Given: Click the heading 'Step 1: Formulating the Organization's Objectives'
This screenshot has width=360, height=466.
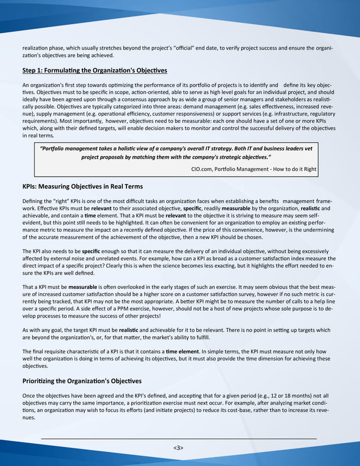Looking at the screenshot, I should (x=95, y=71).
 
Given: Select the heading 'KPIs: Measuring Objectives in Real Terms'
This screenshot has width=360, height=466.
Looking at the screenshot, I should (x=82, y=186).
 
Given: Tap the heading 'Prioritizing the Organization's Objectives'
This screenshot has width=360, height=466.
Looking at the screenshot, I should (x=82, y=381).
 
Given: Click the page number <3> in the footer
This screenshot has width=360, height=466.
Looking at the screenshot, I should (x=178, y=447).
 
